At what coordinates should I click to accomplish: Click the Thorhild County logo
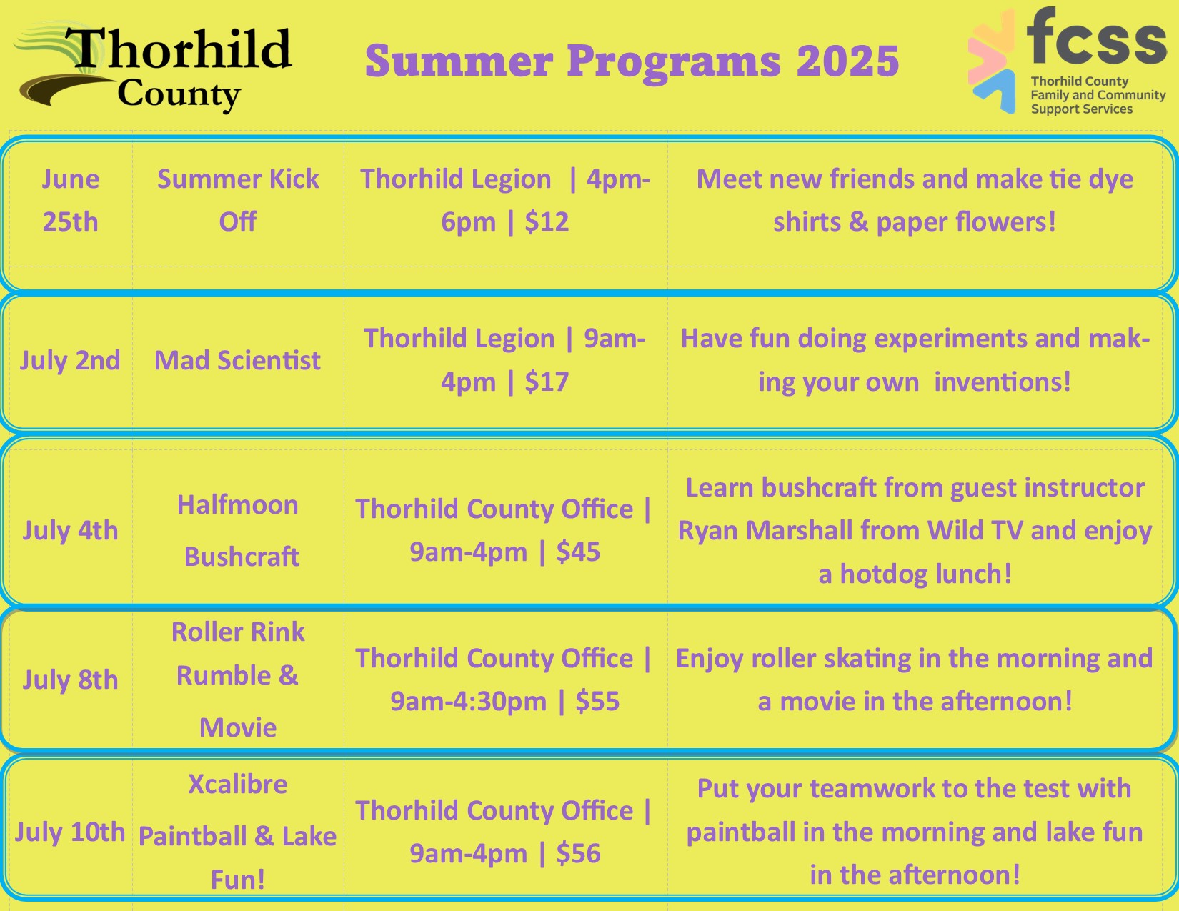[x=153, y=66]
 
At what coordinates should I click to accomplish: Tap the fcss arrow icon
[x=991, y=60]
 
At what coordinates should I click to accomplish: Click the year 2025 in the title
[x=848, y=61]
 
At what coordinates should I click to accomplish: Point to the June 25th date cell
[x=71, y=200]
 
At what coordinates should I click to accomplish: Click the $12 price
[x=547, y=222]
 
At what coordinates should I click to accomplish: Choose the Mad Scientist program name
[x=237, y=360]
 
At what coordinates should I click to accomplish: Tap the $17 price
[x=547, y=382]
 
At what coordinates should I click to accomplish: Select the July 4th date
[x=71, y=530]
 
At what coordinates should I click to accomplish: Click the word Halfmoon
[x=238, y=504]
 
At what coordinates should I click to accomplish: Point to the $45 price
[x=578, y=552]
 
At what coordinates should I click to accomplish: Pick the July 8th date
[x=71, y=679]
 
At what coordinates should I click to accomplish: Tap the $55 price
[x=597, y=701]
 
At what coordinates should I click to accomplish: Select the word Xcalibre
[x=238, y=785]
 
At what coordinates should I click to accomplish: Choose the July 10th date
[x=71, y=832]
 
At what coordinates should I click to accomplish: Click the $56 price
[x=578, y=853]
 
